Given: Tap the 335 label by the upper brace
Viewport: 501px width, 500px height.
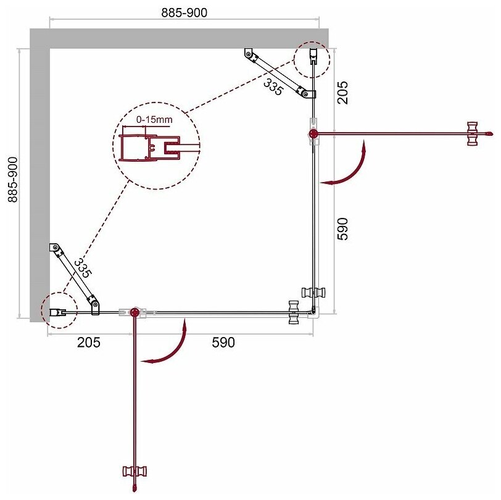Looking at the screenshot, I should point(273,86).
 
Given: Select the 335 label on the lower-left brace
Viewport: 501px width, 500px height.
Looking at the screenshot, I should point(82,267).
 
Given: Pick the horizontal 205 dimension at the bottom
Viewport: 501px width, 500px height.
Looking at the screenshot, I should point(89,341).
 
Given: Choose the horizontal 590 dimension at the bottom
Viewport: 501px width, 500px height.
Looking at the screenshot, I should point(223,341).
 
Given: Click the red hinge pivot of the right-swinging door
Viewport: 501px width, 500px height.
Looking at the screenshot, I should point(314,133).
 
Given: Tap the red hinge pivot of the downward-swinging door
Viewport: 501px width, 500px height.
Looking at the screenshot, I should point(134,312).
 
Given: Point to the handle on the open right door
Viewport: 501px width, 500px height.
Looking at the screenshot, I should point(472,133).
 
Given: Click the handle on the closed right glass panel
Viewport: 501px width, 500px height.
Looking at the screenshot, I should point(312,293).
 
